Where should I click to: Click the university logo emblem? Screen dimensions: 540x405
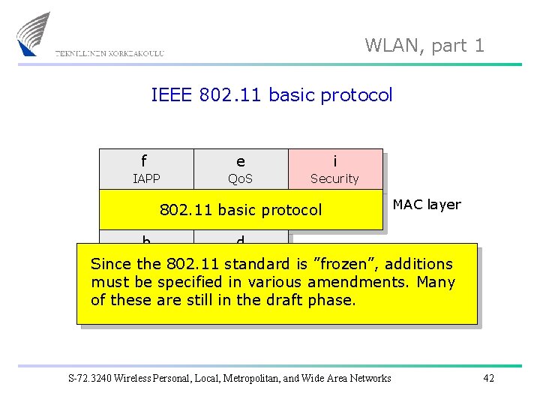click(x=33, y=34)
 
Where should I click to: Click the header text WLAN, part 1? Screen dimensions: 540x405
click(x=424, y=46)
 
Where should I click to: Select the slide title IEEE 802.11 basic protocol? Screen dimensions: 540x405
click(x=271, y=95)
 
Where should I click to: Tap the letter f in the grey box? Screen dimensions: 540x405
click(x=144, y=160)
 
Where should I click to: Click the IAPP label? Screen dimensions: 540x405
click(x=145, y=178)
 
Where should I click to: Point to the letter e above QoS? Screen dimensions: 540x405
click(x=240, y=161)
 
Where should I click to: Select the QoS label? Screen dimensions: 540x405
click(x=240, y=178)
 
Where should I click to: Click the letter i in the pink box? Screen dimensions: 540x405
click(x=334, y=160)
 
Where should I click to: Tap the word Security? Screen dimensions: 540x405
click(x=334, y=178)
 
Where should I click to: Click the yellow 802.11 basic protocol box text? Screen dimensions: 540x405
click(x=241, y=210)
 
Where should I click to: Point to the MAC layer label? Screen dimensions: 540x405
click(x=427, y=204)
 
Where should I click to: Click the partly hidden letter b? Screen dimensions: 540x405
click(x=146, y=240)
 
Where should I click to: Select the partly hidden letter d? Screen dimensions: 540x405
click(x=240, y=240)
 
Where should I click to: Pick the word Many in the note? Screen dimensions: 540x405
click(x=436, y=282)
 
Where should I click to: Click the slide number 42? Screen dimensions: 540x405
click(x=488, y=378)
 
